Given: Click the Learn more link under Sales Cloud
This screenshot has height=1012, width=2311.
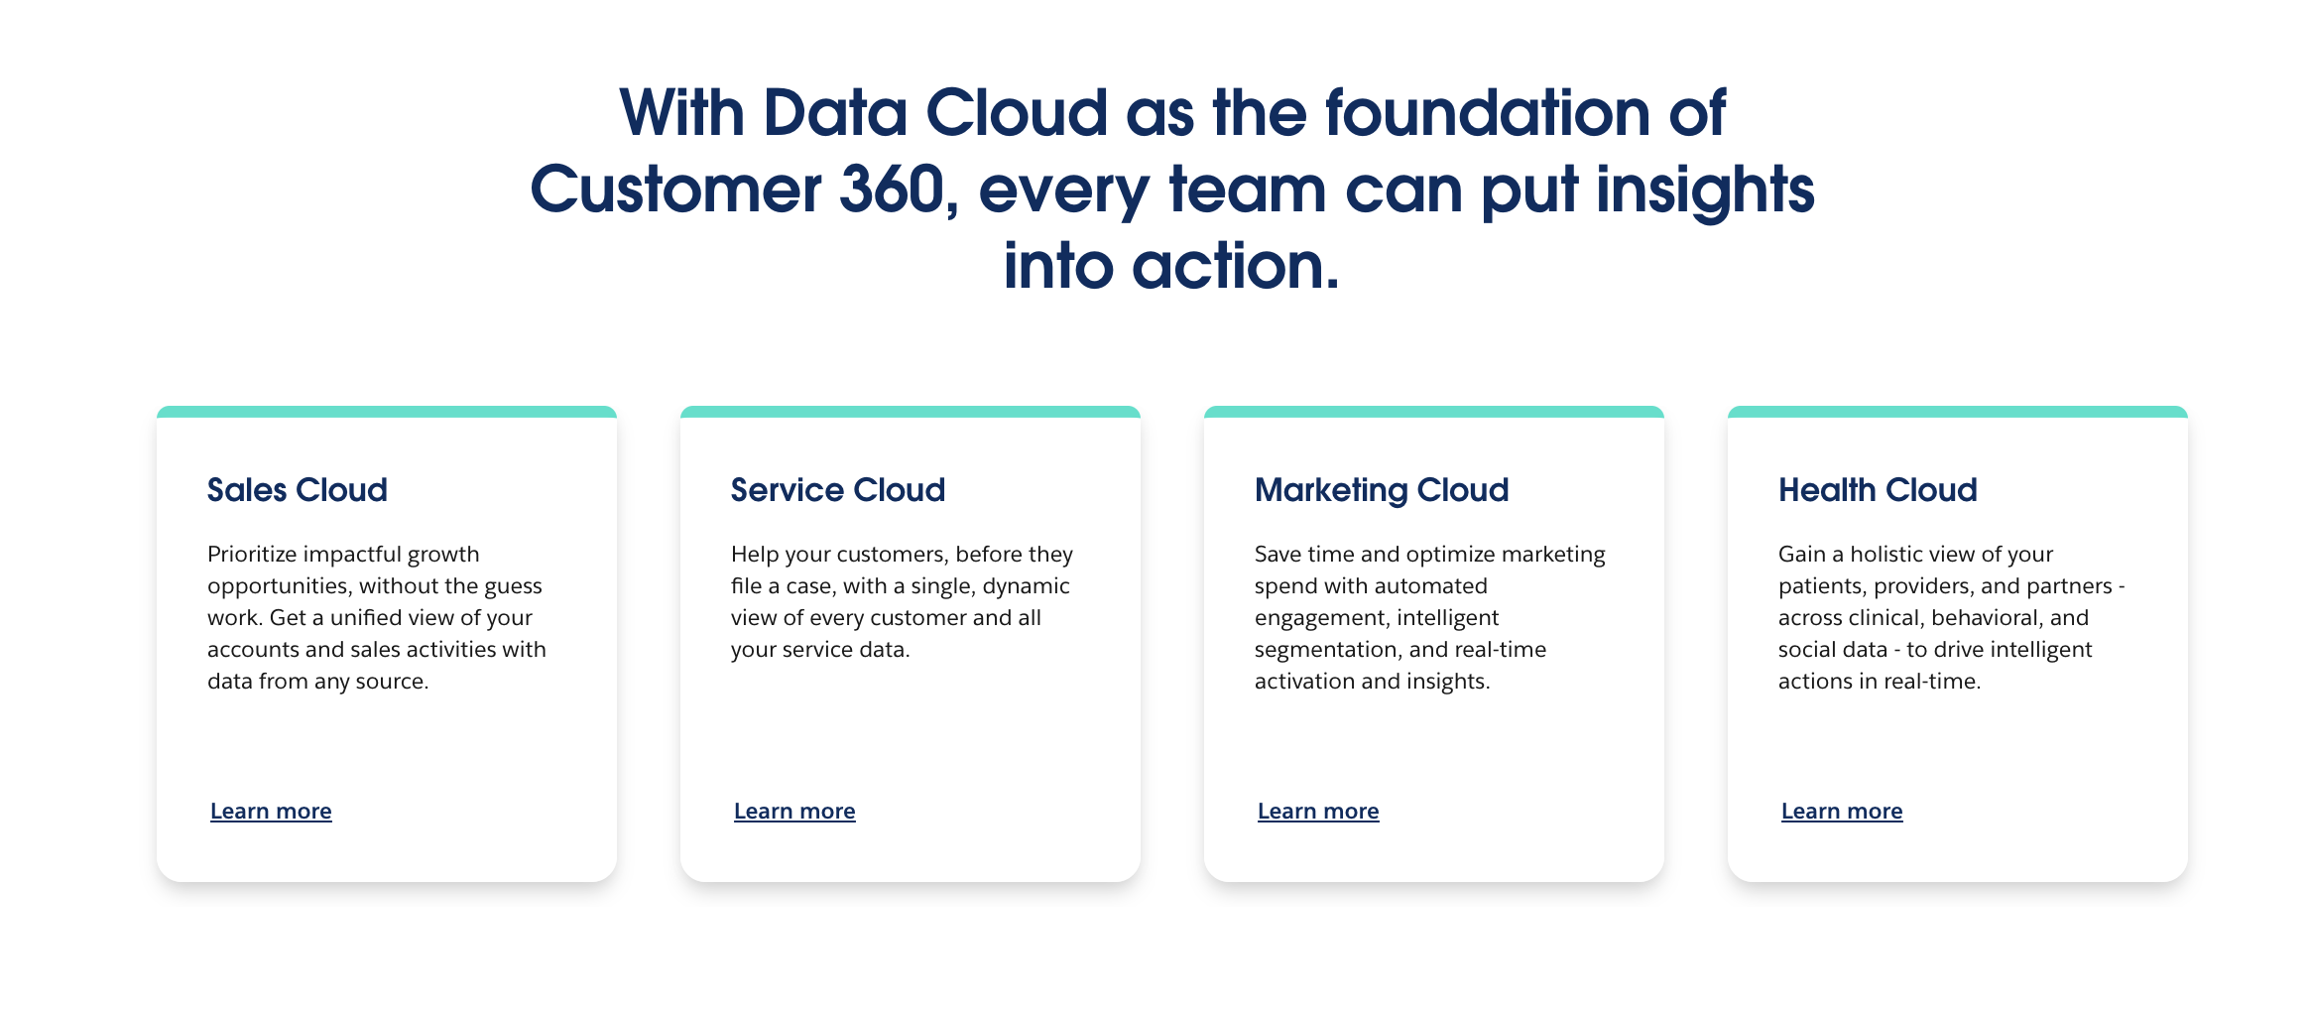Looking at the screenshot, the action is (x=271, y=812).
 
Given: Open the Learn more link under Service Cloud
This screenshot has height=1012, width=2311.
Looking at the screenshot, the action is (x=794, y=812).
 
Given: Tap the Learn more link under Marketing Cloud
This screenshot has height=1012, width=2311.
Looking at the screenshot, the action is (x=1318, y=812).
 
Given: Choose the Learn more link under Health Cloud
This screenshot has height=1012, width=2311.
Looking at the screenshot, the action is (x=1842, y=812).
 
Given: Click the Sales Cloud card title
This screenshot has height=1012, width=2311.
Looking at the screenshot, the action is (x=298, y=490).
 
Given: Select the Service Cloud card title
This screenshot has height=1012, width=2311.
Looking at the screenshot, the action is (x=838, y=490).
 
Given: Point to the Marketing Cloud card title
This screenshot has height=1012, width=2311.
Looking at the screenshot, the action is (x=1382, y=491).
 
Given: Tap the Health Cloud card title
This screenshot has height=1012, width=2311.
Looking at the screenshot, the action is (x=1878, y=490).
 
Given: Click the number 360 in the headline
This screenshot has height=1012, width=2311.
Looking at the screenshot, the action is (x=892, y=190).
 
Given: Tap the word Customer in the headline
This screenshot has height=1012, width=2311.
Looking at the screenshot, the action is (x=675, y=190).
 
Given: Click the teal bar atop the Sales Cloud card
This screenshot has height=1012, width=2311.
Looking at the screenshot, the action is (x=387, y=412).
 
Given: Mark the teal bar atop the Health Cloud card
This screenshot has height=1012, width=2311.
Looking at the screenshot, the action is (x=1958, y=412).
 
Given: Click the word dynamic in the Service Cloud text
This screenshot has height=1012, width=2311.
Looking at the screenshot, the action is (x=1027, y=586).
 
